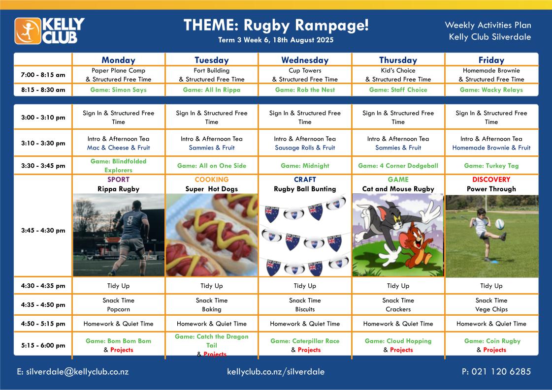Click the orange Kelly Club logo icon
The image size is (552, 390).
point(28,31)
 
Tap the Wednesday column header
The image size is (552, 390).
point(305,60)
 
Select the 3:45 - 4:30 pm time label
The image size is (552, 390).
point(43,230)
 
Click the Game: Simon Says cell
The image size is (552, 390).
point(118,90)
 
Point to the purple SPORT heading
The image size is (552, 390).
point(118,180)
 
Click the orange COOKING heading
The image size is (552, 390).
point(212,180)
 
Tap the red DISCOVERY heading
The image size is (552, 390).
point(491,180)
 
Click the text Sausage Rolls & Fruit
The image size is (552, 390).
point(305,148)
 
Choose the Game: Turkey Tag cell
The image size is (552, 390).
point(491,166)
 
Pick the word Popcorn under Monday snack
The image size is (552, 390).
point(118,309)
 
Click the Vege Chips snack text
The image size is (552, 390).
point(491,309)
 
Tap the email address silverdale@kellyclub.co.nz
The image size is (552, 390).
point(77,372)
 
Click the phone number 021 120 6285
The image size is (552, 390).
point(501,371)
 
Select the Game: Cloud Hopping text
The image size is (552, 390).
point(398,341)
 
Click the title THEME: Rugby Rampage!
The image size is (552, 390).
point(276,25)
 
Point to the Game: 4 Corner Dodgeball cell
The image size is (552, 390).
point(398,166)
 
